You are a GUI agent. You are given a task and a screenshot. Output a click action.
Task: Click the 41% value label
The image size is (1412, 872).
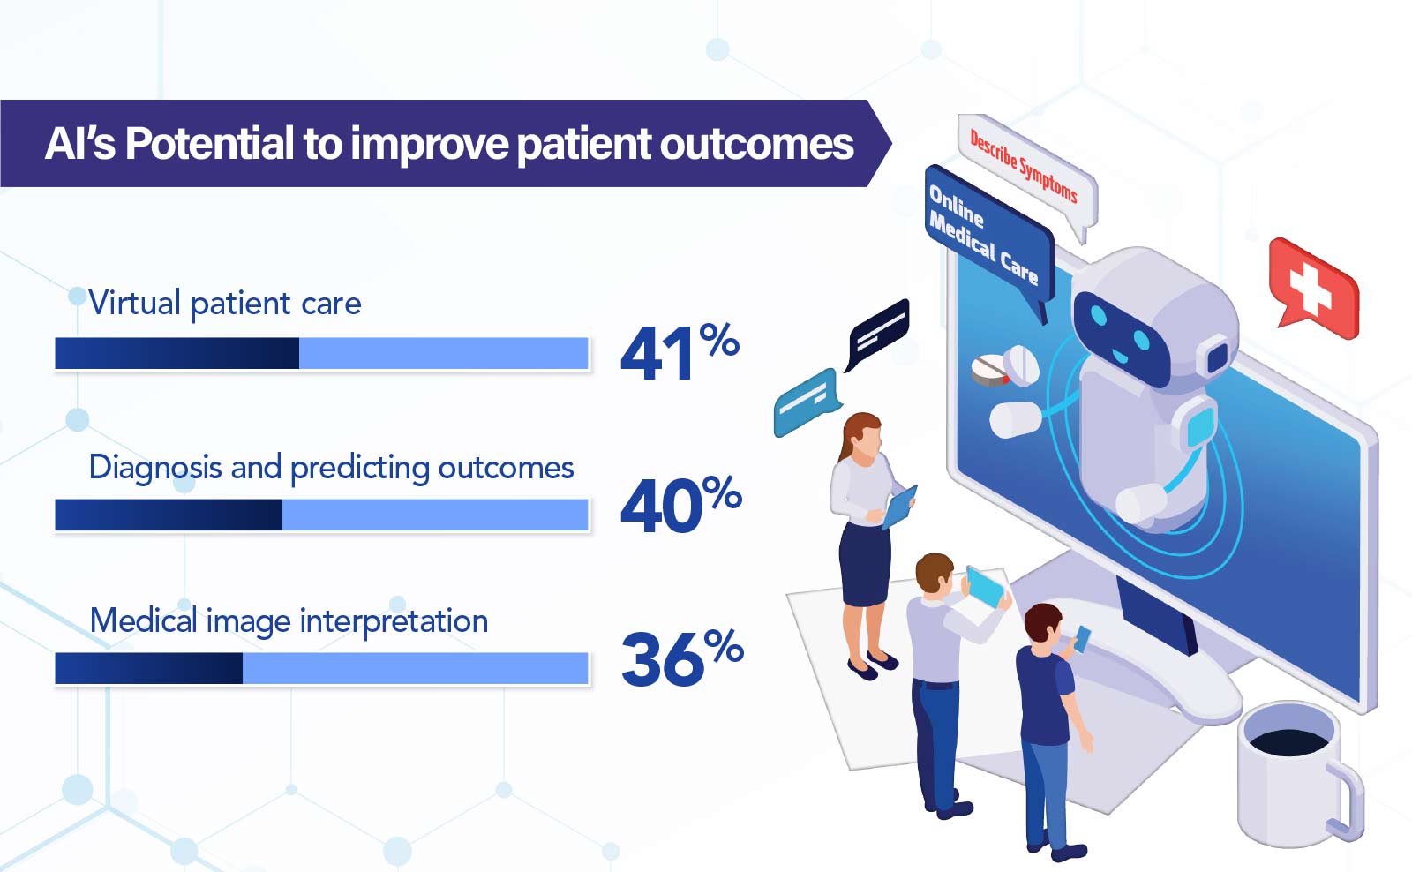click(680, 351)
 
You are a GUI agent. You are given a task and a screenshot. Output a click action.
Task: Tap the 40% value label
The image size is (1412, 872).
click(680, 504)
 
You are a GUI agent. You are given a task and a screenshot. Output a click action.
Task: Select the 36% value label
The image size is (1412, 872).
click(682, 657)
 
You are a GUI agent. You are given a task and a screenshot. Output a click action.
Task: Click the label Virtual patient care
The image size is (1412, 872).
click(225, 304)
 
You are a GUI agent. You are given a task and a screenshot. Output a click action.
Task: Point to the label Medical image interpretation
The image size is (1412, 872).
click(289, 621)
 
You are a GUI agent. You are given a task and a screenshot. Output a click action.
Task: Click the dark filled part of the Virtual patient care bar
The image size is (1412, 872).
click(177, 353)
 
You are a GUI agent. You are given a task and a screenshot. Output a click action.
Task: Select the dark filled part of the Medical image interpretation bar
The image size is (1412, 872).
click(149, 668)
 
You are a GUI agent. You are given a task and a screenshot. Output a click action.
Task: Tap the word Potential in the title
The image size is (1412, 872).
click(209, 143)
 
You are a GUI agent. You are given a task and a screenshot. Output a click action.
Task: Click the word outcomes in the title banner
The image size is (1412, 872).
click(756, 145)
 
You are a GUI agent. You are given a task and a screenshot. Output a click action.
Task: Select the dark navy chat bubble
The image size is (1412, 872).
click(878, 333)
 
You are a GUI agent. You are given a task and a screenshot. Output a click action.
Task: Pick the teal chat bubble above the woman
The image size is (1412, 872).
click(807, 402)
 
